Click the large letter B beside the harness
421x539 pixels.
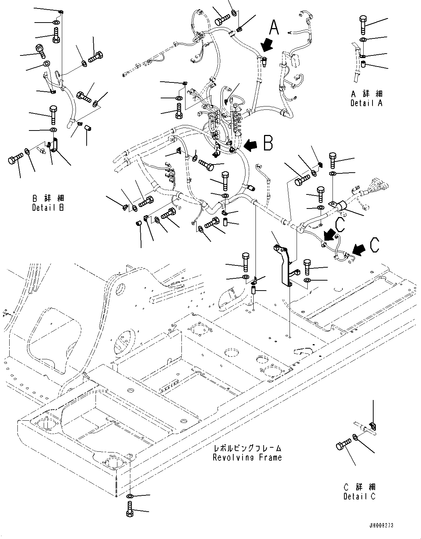tap(268, 143)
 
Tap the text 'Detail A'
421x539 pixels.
tap(367, 103)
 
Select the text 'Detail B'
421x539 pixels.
tap(48, 207)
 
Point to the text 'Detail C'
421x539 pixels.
tap(359, 496)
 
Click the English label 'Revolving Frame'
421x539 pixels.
tap(247, 457)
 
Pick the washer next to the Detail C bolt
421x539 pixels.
tap(355, 438)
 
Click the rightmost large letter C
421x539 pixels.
tap(375, 245)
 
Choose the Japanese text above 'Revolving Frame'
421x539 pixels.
tap(247, 448)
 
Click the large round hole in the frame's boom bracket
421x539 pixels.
tap(120, 288)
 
